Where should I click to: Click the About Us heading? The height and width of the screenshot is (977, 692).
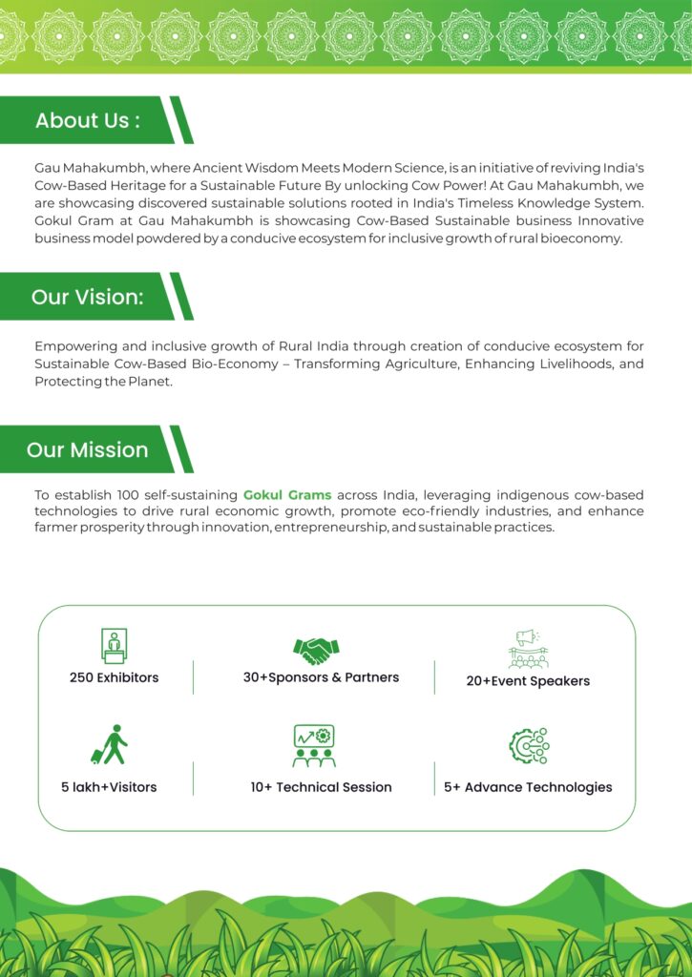[88, 121]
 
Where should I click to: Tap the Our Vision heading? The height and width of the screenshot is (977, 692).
[87, 297]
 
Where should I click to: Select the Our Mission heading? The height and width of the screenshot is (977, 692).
[87, 449]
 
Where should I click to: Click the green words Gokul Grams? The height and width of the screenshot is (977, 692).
[287, 495]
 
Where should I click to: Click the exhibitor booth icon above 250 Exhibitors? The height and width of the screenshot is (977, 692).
[114, 646]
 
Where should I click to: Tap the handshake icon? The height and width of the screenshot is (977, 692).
[316, 651]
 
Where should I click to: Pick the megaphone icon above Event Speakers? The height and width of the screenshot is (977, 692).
[528, 649]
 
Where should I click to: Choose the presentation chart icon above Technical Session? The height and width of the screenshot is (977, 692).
[313, 746]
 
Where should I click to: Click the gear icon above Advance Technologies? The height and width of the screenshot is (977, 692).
[528, 746]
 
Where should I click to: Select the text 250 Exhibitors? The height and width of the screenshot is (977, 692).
[114, 677]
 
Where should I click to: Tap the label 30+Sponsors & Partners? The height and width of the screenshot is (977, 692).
[321, 677]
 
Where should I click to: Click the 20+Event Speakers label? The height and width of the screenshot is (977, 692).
[528, 681]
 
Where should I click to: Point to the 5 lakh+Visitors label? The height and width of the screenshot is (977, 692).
[109, 787]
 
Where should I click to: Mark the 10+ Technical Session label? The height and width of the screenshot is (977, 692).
[321, 787]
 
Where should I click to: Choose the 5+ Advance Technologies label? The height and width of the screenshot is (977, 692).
[528, 787]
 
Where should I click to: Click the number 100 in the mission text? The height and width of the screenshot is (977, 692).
[128, 495]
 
